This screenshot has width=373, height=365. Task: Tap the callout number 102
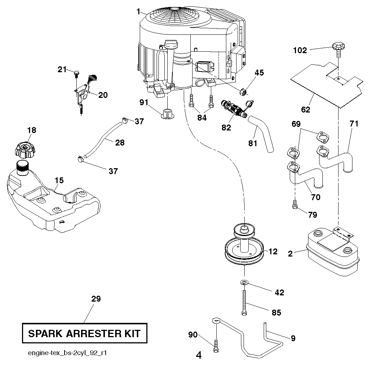300,51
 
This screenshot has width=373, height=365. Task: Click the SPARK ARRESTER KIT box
84,333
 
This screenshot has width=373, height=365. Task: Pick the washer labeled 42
244,283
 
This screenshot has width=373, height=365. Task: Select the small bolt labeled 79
295,207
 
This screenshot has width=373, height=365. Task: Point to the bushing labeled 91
167,113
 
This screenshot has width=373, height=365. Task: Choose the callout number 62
305,109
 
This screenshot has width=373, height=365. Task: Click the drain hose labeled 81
263,134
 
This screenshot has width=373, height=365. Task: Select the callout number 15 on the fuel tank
59,180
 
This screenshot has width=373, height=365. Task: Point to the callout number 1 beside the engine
138,12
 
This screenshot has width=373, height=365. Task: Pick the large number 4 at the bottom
199,355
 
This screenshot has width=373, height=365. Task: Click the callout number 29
96,299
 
